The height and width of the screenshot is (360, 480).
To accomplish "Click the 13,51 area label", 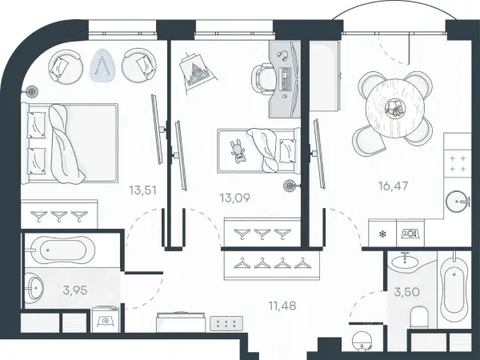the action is tap(142, 190).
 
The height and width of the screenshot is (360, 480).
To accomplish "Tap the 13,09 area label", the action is tap(234, 198).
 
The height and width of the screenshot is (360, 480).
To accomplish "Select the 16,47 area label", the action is tap(393, 186).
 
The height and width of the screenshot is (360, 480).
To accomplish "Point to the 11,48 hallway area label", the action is tap(282, 306).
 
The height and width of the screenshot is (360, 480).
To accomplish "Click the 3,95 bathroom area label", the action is tap(75, 290).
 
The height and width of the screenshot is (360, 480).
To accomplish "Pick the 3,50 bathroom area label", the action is tap(406, 292).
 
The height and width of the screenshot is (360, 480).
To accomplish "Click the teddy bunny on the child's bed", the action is tap(238, 151).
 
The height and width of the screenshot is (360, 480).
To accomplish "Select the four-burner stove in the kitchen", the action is tap(458, 163).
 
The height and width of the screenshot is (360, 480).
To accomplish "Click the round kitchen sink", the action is tap(458, 201).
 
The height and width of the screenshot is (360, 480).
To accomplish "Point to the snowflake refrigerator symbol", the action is tap(382, 234).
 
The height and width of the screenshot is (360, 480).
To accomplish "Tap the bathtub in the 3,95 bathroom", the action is tap(59, 250).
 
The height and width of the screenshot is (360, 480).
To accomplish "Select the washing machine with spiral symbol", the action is tap(106, 319).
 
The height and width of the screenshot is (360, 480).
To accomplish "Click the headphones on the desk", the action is tap(283, 54).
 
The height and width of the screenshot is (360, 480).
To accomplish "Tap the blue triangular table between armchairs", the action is tap(102, 66).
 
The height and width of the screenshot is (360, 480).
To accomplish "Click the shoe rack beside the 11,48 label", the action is tap(226, 323).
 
